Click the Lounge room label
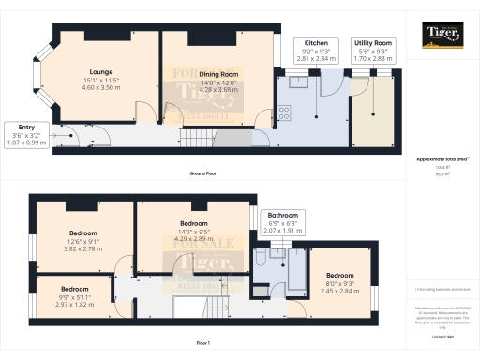click(x=100, y=71)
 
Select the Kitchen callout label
click(x=315, y=43)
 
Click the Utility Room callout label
click(x=372, y=43)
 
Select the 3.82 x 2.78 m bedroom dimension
click(x=82, y=248)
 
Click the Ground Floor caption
click(x=203, y=175)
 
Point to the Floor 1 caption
click(x=203, y=345)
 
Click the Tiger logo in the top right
click(x=441, y=38)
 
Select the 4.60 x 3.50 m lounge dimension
click(x=100, y=86)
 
